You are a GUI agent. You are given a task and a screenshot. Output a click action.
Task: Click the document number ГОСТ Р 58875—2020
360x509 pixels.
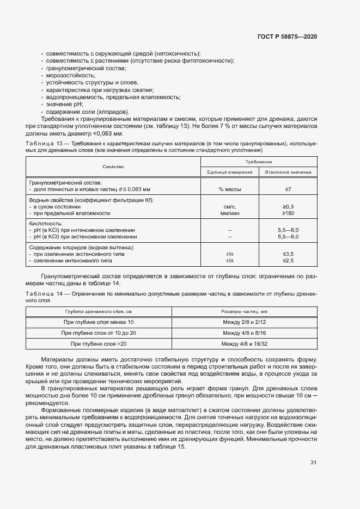click(288, 36)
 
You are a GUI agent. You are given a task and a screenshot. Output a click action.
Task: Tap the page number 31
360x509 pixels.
click(313, 463)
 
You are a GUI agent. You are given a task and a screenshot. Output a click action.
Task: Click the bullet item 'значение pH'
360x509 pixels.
click(65, 104)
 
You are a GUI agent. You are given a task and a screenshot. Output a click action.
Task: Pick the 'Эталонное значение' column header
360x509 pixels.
click(288, 172)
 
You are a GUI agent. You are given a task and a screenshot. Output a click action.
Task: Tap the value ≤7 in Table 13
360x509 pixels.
click(288, 189)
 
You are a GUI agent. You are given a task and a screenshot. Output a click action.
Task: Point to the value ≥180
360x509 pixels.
click(288, 213)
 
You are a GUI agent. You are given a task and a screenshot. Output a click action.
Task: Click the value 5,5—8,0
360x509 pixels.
click(288, 230)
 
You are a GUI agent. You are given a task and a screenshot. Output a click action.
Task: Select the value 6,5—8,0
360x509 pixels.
click(288, 237)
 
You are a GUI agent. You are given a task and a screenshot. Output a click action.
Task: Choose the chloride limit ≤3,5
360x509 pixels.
click(288, 254)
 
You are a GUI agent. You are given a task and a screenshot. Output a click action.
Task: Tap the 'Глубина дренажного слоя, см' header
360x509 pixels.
click(99, 312)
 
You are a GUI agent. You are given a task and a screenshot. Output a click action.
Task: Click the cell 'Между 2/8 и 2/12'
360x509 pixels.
click(245, 322)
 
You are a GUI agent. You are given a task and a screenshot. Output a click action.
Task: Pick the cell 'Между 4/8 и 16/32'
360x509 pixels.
click(245, 344)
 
